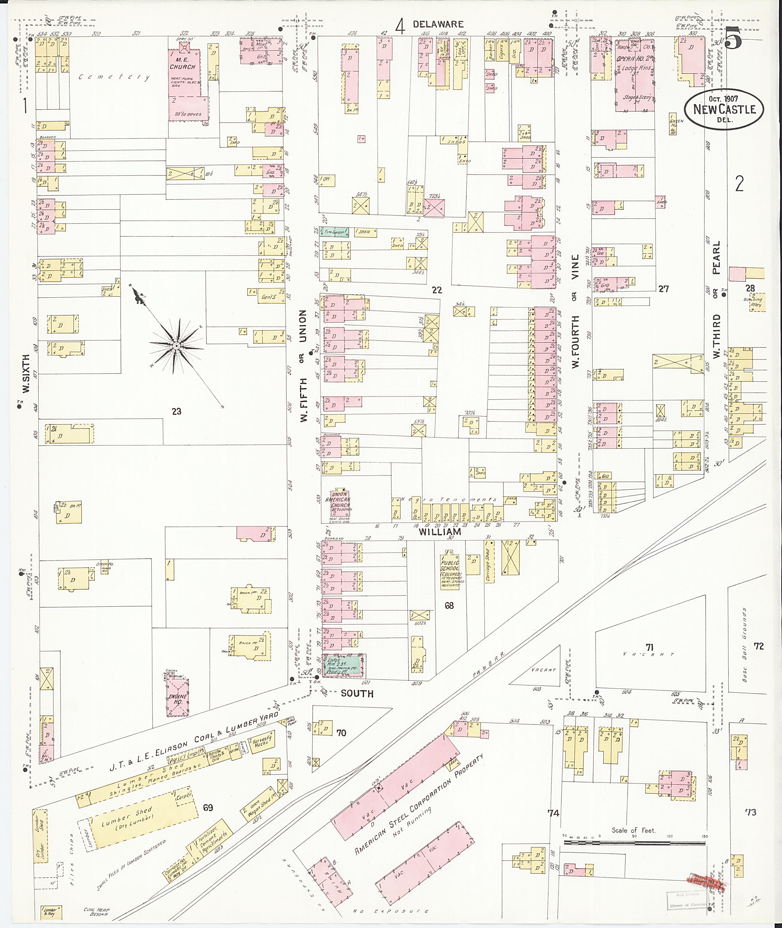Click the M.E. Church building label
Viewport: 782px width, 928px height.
point(182,63)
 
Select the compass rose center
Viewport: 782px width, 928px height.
point(176,345)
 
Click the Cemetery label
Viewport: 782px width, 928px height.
point(114,77)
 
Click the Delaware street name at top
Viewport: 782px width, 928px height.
point(438,24)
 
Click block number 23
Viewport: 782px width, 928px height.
point(176,411)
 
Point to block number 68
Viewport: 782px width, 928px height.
point(449,606)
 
